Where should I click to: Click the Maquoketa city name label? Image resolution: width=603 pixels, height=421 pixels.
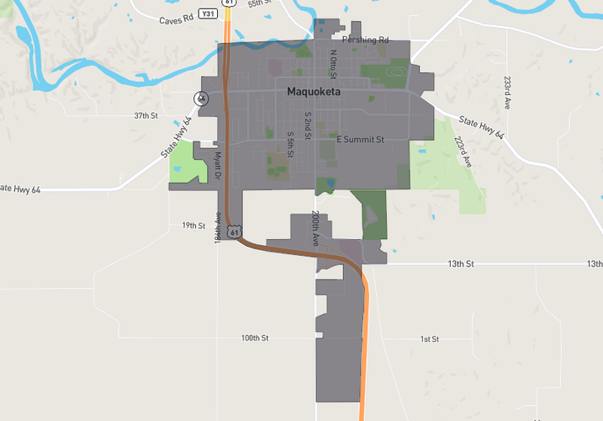coord(313,92)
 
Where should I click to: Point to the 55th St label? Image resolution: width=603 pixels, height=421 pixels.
coord(260,4)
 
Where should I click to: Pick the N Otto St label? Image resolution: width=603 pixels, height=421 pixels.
coord(333,64)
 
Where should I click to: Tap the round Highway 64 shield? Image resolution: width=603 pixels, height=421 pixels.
coord(201,99)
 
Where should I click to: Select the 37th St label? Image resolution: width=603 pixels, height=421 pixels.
coord(145,115)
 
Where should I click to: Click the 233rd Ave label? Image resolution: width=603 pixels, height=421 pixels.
coord(507,93)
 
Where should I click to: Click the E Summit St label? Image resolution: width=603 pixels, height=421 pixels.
coord(360,139)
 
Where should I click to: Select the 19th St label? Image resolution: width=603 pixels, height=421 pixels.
coord(193,226)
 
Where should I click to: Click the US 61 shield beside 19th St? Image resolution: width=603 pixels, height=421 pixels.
coord(235,230)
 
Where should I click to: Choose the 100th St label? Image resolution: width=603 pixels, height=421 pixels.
coord(254,338)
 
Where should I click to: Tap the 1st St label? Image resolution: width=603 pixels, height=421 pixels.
coord(429,338)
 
